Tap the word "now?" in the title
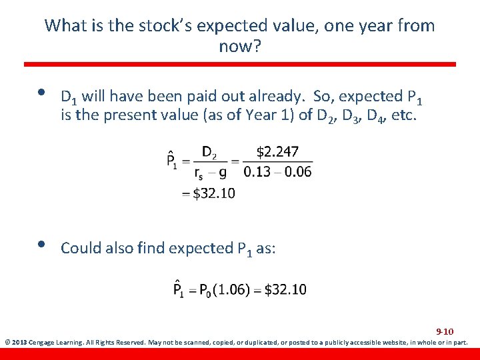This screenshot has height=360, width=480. [239, 47]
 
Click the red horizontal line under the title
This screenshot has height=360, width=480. [240, 65]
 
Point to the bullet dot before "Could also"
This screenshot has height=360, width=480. [43, 244]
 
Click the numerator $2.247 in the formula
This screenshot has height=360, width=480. [277, 152]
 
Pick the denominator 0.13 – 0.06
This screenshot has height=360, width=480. [278, 172]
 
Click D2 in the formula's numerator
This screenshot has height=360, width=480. [209, 153]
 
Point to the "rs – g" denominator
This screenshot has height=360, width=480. [210, 173]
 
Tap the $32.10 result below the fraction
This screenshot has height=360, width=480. [213, 193]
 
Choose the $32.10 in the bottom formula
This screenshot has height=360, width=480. [285, 289]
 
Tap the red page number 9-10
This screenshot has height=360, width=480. [445, 331]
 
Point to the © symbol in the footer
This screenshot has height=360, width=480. [7, 343]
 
